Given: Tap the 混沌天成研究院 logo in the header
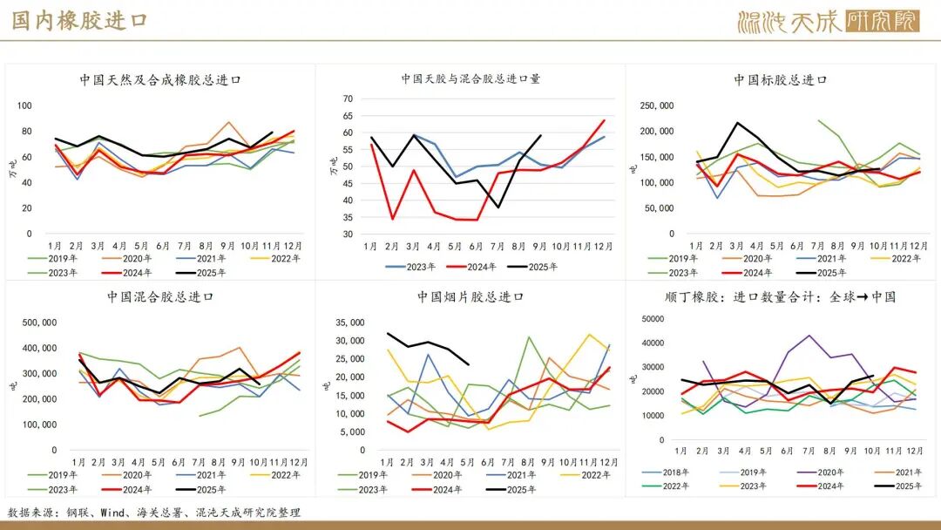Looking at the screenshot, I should pos(827,21).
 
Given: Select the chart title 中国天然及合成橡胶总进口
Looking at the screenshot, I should pos(160,79).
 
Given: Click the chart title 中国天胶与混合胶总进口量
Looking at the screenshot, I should pos(470,78).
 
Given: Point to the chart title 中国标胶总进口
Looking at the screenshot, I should pos(780,79).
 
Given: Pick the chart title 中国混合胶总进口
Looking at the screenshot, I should pos(160,296).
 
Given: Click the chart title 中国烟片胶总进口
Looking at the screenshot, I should pos(470,296).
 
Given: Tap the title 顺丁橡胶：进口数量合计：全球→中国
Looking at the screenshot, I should pos(780,296).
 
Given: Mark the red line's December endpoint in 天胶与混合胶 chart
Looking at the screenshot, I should pos(605,120).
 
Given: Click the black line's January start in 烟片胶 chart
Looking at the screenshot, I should pos(389,333).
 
